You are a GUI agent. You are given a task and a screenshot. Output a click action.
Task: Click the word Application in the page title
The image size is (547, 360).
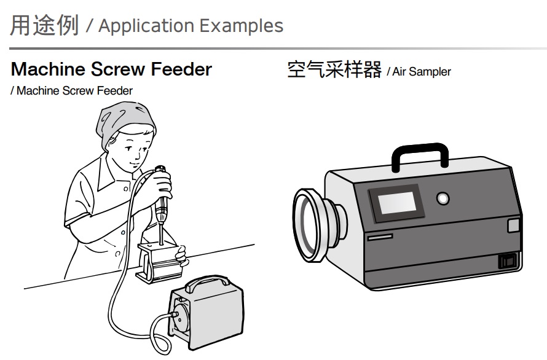(x=146, y=26)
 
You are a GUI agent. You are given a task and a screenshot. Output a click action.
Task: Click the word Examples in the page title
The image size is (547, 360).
(x=242, y=25)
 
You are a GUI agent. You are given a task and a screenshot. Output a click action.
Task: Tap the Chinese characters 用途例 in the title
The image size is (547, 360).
(x=44, y=25)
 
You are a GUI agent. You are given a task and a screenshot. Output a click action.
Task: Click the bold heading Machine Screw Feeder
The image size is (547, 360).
(x=112, y=69)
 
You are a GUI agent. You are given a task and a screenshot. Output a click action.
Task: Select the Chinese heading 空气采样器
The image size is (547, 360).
(x=334, y=69)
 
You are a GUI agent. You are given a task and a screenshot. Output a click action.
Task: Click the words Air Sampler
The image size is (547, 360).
(x=422, y=71)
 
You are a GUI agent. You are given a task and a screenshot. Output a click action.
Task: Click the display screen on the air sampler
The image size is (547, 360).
(x=397, y=203)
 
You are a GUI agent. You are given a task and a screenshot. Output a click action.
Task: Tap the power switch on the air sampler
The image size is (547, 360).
(x=507, y=261)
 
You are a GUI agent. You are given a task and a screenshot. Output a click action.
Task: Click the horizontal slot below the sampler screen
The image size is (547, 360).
(x=380, y=237)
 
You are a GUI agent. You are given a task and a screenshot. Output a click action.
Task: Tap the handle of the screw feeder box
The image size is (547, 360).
(x=208, y=283)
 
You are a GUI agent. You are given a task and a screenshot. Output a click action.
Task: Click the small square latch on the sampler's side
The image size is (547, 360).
(x=513, y=225)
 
